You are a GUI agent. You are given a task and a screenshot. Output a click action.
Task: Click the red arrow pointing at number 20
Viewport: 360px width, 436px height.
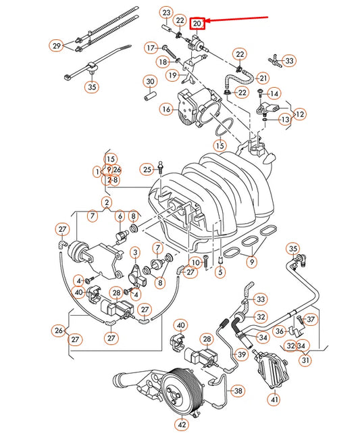pos(236,20)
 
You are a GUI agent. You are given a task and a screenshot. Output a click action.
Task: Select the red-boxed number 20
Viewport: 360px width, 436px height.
pos(197,24)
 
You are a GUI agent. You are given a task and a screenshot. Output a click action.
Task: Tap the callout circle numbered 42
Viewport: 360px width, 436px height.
pos(181,425)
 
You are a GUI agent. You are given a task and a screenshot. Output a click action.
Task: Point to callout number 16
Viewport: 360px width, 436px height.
pos(165,108)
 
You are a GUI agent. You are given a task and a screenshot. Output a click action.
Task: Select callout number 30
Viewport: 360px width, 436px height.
pos(149,82)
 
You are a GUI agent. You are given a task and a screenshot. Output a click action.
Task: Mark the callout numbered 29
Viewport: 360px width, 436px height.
pos(56,45)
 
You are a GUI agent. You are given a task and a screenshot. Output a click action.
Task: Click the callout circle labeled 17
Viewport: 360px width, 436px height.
pos(150,48)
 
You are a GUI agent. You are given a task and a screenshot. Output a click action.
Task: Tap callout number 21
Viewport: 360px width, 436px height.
pos(263,78)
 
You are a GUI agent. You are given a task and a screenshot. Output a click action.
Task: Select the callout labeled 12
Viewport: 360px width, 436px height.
pos(299,114)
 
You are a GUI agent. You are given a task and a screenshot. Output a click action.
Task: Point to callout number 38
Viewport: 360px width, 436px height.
pos(237,390)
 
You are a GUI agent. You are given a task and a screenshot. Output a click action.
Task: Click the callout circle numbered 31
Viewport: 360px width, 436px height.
pos(306,360)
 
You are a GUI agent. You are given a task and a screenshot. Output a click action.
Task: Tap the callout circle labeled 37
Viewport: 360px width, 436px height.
pos(310,318)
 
